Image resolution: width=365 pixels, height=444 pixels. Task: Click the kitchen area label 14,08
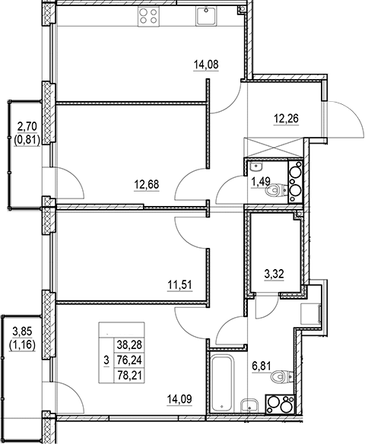(x=206, y=65)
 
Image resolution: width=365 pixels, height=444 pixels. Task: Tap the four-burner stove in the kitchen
(x=149, y=17)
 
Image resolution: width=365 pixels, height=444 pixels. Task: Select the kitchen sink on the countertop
(x=206, y=16)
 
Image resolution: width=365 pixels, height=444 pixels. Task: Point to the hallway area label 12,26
(x=286, y=119)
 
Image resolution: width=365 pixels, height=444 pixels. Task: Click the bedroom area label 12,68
(x=147, y=185)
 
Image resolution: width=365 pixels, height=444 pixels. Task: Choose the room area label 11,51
(x=179, y=284)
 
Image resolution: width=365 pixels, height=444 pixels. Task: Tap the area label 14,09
(x=179, y=399)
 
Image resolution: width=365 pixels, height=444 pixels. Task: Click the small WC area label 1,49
(x=261, y=181)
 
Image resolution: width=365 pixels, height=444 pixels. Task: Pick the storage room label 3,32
(x=274, y=274)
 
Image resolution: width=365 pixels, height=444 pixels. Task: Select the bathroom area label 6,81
(x=262, y=366)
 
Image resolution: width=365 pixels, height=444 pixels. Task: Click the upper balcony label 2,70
(x=27, y=127)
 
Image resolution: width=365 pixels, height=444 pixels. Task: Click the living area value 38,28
(x=129, y=345)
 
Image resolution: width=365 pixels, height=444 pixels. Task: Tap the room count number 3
(x=106, y=360)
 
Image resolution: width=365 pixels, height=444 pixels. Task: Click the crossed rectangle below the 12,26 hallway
(x=274, y=147)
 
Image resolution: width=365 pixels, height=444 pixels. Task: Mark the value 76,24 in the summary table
(x=129, y=360)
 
